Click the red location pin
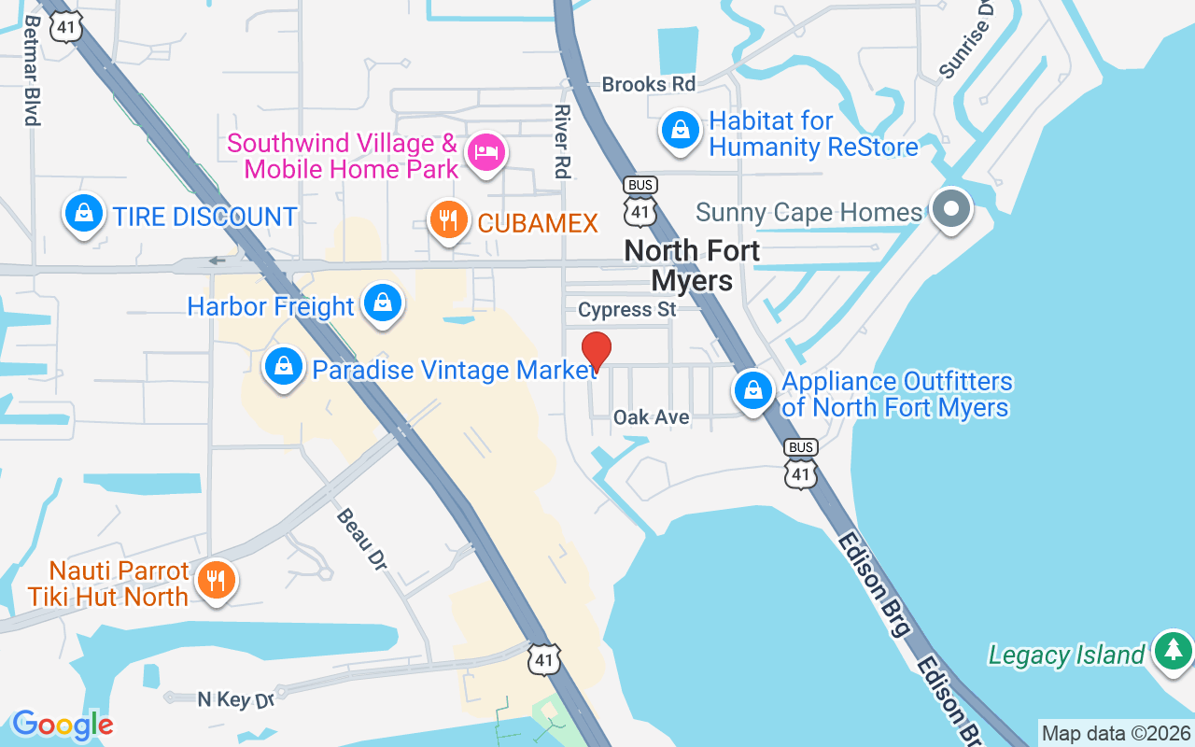pos(597,350)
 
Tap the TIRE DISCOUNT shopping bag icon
pos(84,214)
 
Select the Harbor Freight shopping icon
pos(383,303)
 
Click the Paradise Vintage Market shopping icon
pos(284,367)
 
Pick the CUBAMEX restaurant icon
pos(449,220)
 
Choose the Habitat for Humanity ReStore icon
pos(682,130)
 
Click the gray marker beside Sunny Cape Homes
pos(951,208)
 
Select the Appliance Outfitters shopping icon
pos(752,389)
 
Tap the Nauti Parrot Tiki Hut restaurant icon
pos(217,580)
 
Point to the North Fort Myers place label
pos(692,265)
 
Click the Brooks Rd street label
pos(649,84)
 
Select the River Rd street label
pos(562,140)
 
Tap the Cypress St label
pos(626,309)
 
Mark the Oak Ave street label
pos(651,416)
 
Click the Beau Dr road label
pos(361,538)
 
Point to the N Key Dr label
pos(236,698)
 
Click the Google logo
pos(63,725)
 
